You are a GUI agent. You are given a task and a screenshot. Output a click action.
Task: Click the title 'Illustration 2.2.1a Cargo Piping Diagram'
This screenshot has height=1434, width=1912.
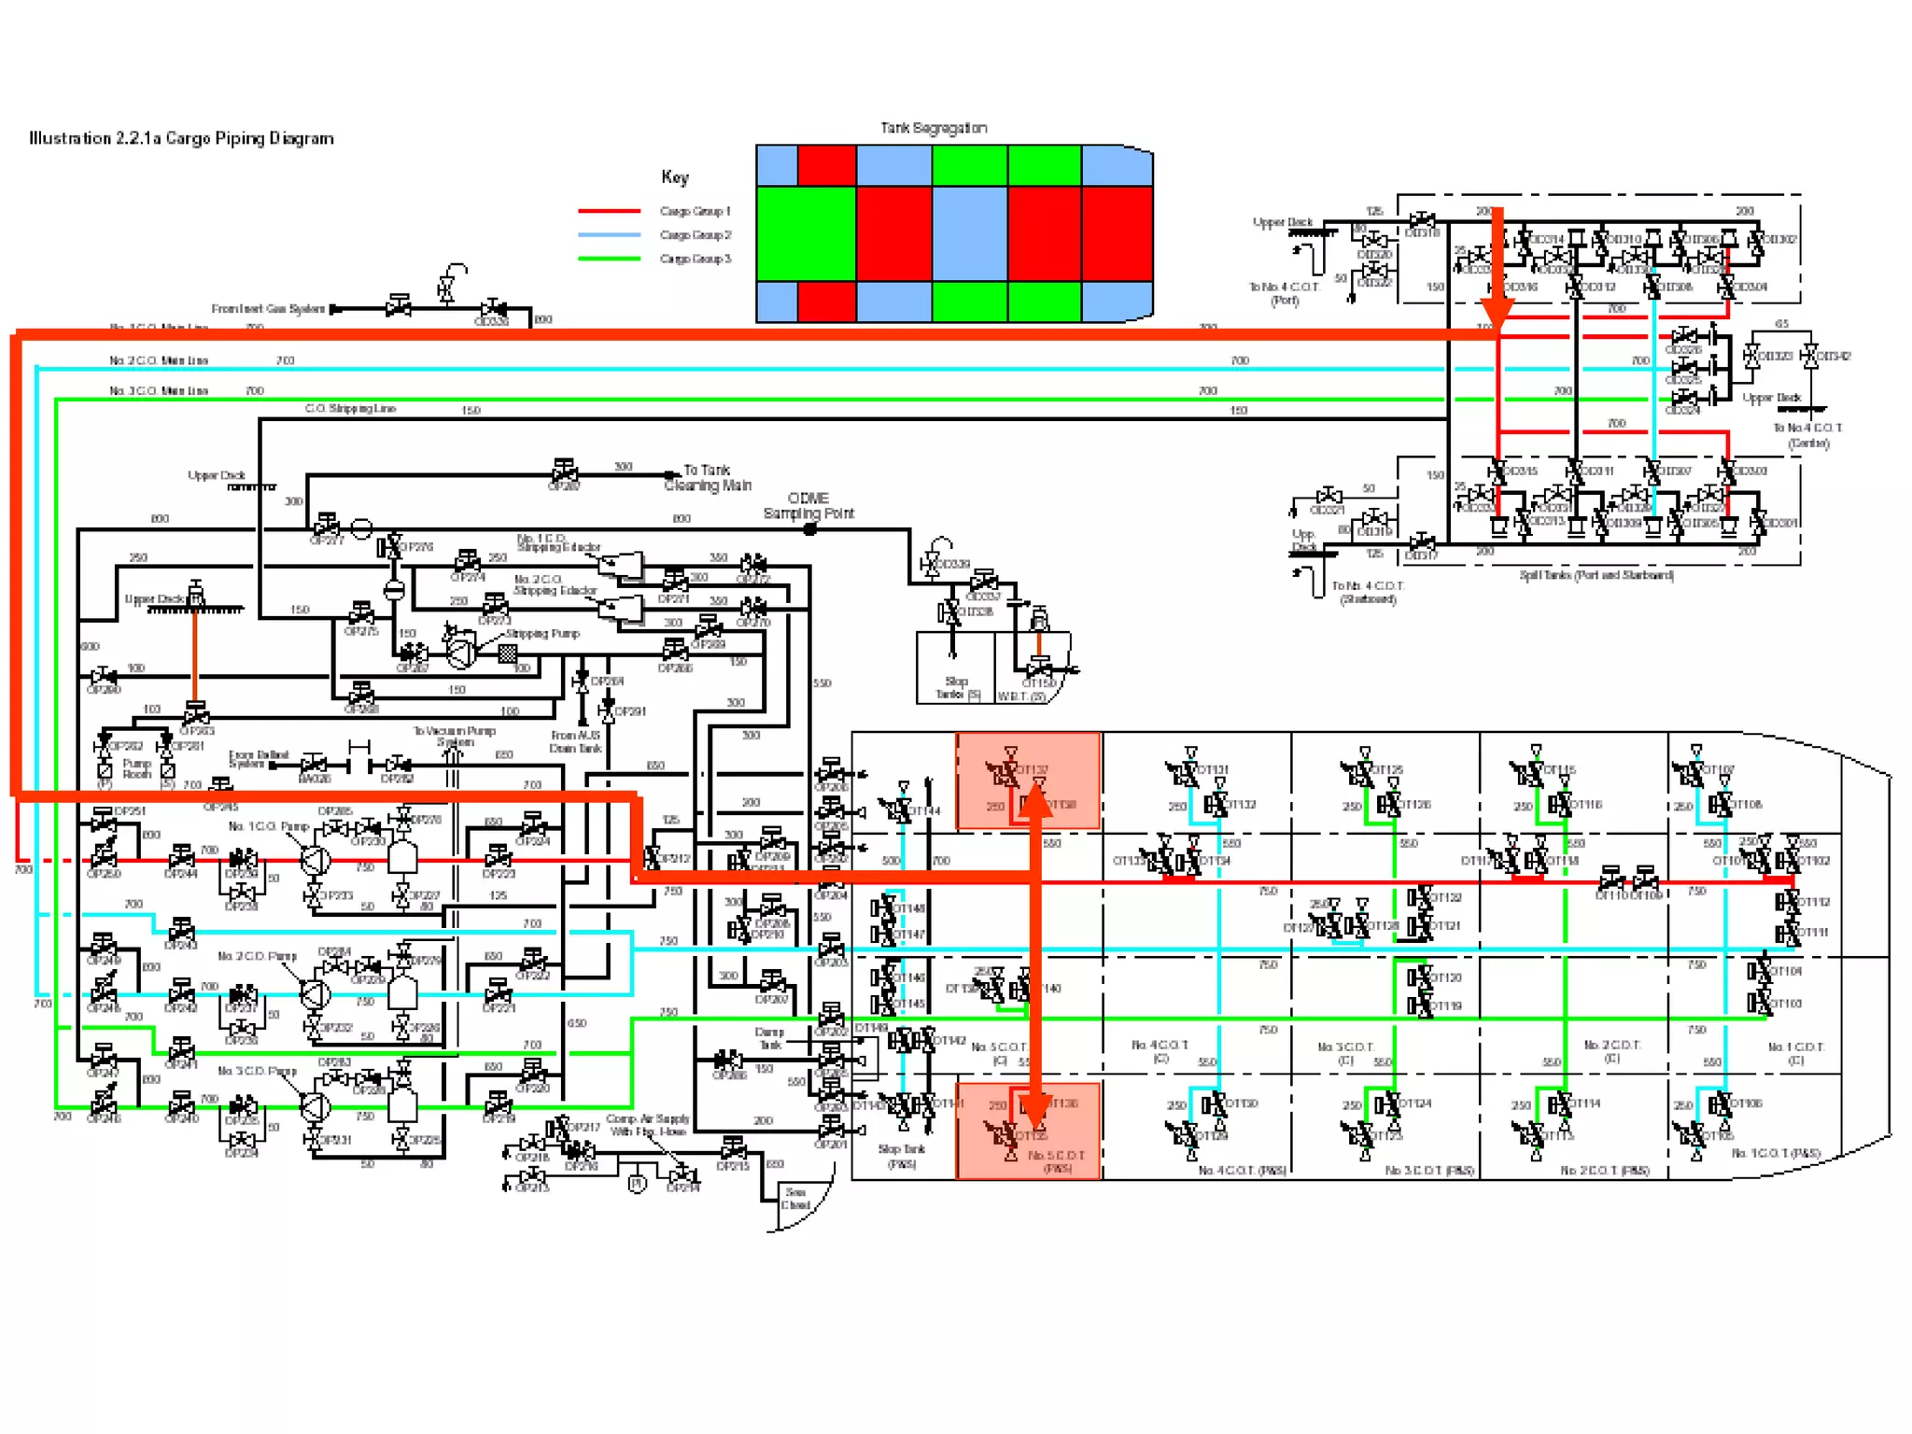181,138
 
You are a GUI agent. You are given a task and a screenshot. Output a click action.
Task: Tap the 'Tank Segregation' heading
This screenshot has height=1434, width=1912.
934,128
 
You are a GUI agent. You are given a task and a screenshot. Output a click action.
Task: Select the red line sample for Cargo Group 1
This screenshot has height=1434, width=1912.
609,211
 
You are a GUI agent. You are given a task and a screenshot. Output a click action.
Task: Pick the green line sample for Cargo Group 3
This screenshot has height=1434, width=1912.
609,259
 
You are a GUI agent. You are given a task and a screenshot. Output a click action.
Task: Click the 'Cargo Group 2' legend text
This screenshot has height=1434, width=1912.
696,235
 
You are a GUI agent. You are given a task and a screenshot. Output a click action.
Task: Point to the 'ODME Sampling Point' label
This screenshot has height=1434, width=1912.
808,506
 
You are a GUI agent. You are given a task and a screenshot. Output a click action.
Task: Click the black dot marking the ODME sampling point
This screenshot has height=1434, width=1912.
810,529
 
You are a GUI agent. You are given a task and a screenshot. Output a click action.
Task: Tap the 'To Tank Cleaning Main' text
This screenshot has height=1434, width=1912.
708,478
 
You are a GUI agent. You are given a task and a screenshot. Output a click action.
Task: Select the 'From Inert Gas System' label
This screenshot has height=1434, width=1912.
268,309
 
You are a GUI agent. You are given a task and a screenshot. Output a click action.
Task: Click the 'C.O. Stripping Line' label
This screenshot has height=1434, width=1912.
350,409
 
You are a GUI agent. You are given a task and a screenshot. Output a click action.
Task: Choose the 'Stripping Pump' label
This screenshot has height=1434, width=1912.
542,634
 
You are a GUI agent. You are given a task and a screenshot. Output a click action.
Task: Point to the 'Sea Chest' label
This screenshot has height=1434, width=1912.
795,1199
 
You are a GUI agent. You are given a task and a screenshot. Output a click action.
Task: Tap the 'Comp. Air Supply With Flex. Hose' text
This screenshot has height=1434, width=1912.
648,1125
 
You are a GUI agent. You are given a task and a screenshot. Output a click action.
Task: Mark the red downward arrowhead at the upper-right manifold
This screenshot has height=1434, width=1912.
1497,314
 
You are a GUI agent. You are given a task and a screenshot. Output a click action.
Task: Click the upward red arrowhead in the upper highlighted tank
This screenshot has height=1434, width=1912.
1035,805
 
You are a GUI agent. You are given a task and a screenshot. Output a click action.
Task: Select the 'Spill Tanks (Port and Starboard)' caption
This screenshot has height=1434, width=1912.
1596,575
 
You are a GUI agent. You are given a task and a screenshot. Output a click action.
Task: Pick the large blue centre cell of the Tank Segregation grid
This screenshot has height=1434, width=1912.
969,233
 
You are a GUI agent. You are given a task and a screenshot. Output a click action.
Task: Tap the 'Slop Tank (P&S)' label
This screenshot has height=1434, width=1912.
901,1157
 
